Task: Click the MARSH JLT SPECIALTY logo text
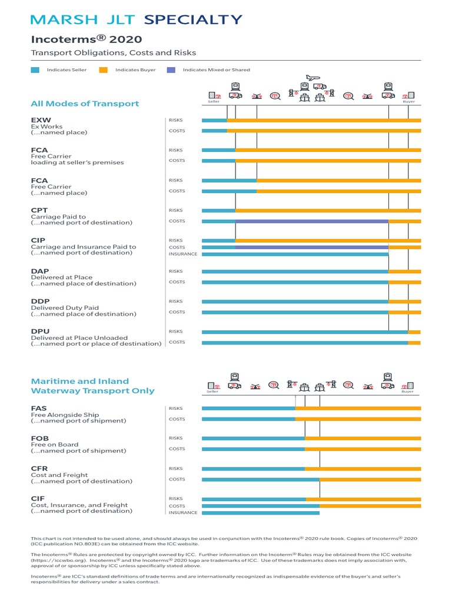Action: (x=136, y=19)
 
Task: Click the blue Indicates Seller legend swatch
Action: (x=35, y=70)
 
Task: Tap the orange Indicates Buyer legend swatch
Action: (x=103, y=70)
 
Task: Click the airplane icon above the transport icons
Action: (x=312, y=78)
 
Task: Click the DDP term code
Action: (x=40, y=301)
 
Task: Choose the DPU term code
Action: (x=39, y=332)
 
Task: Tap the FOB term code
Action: (x=39, y=439)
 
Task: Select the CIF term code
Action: (x=38, y=499)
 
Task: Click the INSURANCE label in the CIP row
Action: (x=183, y=254)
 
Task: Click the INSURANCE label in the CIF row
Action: (x=183, y=513)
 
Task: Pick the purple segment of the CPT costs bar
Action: (x=311, y=221)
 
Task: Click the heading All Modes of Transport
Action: (x=85, y=104)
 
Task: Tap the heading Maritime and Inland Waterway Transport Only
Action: (x=92, y=386)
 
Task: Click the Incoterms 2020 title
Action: (x=86, y=39)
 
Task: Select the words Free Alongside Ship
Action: (x=65, y=415)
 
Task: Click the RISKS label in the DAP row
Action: (x=175, y=271)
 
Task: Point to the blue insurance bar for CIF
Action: (x=260, y=513)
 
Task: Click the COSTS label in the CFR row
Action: (x=177, y=479)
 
